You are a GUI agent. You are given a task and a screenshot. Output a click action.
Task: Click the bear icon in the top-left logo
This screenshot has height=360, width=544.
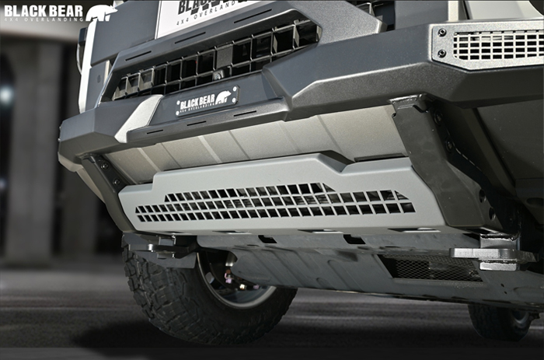click(x=101, y=12)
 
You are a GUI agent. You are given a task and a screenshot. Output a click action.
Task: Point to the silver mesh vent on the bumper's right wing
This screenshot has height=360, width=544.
click(x=497, y=45)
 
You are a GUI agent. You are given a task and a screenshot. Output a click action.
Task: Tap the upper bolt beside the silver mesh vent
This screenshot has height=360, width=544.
click(x=441, y=33)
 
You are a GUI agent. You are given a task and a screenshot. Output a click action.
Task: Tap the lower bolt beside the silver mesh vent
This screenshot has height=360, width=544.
click(x=442, y=54)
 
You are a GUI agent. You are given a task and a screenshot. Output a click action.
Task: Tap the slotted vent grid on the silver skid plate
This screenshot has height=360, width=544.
click(x=276, y=202)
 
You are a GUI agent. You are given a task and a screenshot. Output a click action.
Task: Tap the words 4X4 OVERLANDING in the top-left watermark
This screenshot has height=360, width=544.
click(x=43, y=19)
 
